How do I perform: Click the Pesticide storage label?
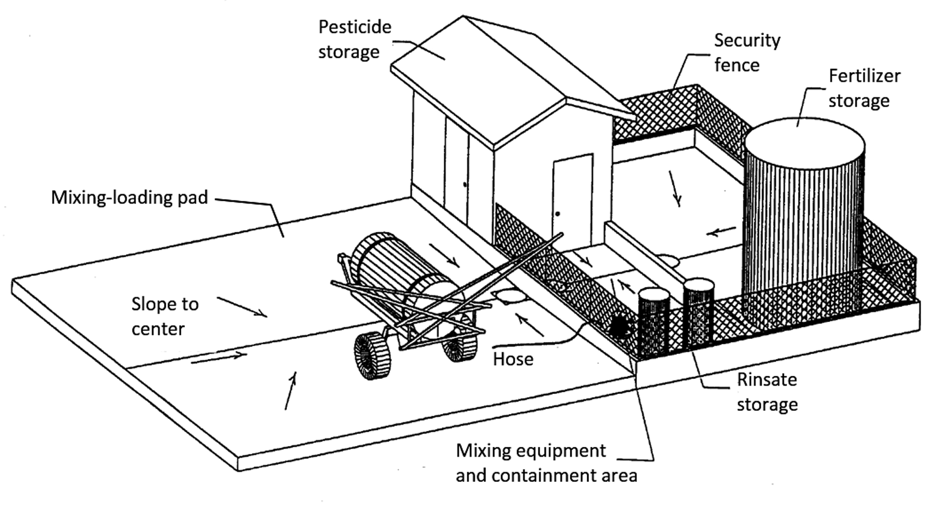[354, 39]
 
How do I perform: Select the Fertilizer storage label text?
[863, 88]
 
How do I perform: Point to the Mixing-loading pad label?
[129, 197]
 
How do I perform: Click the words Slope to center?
[164, 316]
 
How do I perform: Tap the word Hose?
[513, 359]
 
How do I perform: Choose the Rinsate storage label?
[767, 392]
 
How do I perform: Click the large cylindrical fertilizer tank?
[804, 219]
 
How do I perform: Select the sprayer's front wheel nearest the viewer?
[373, 356]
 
